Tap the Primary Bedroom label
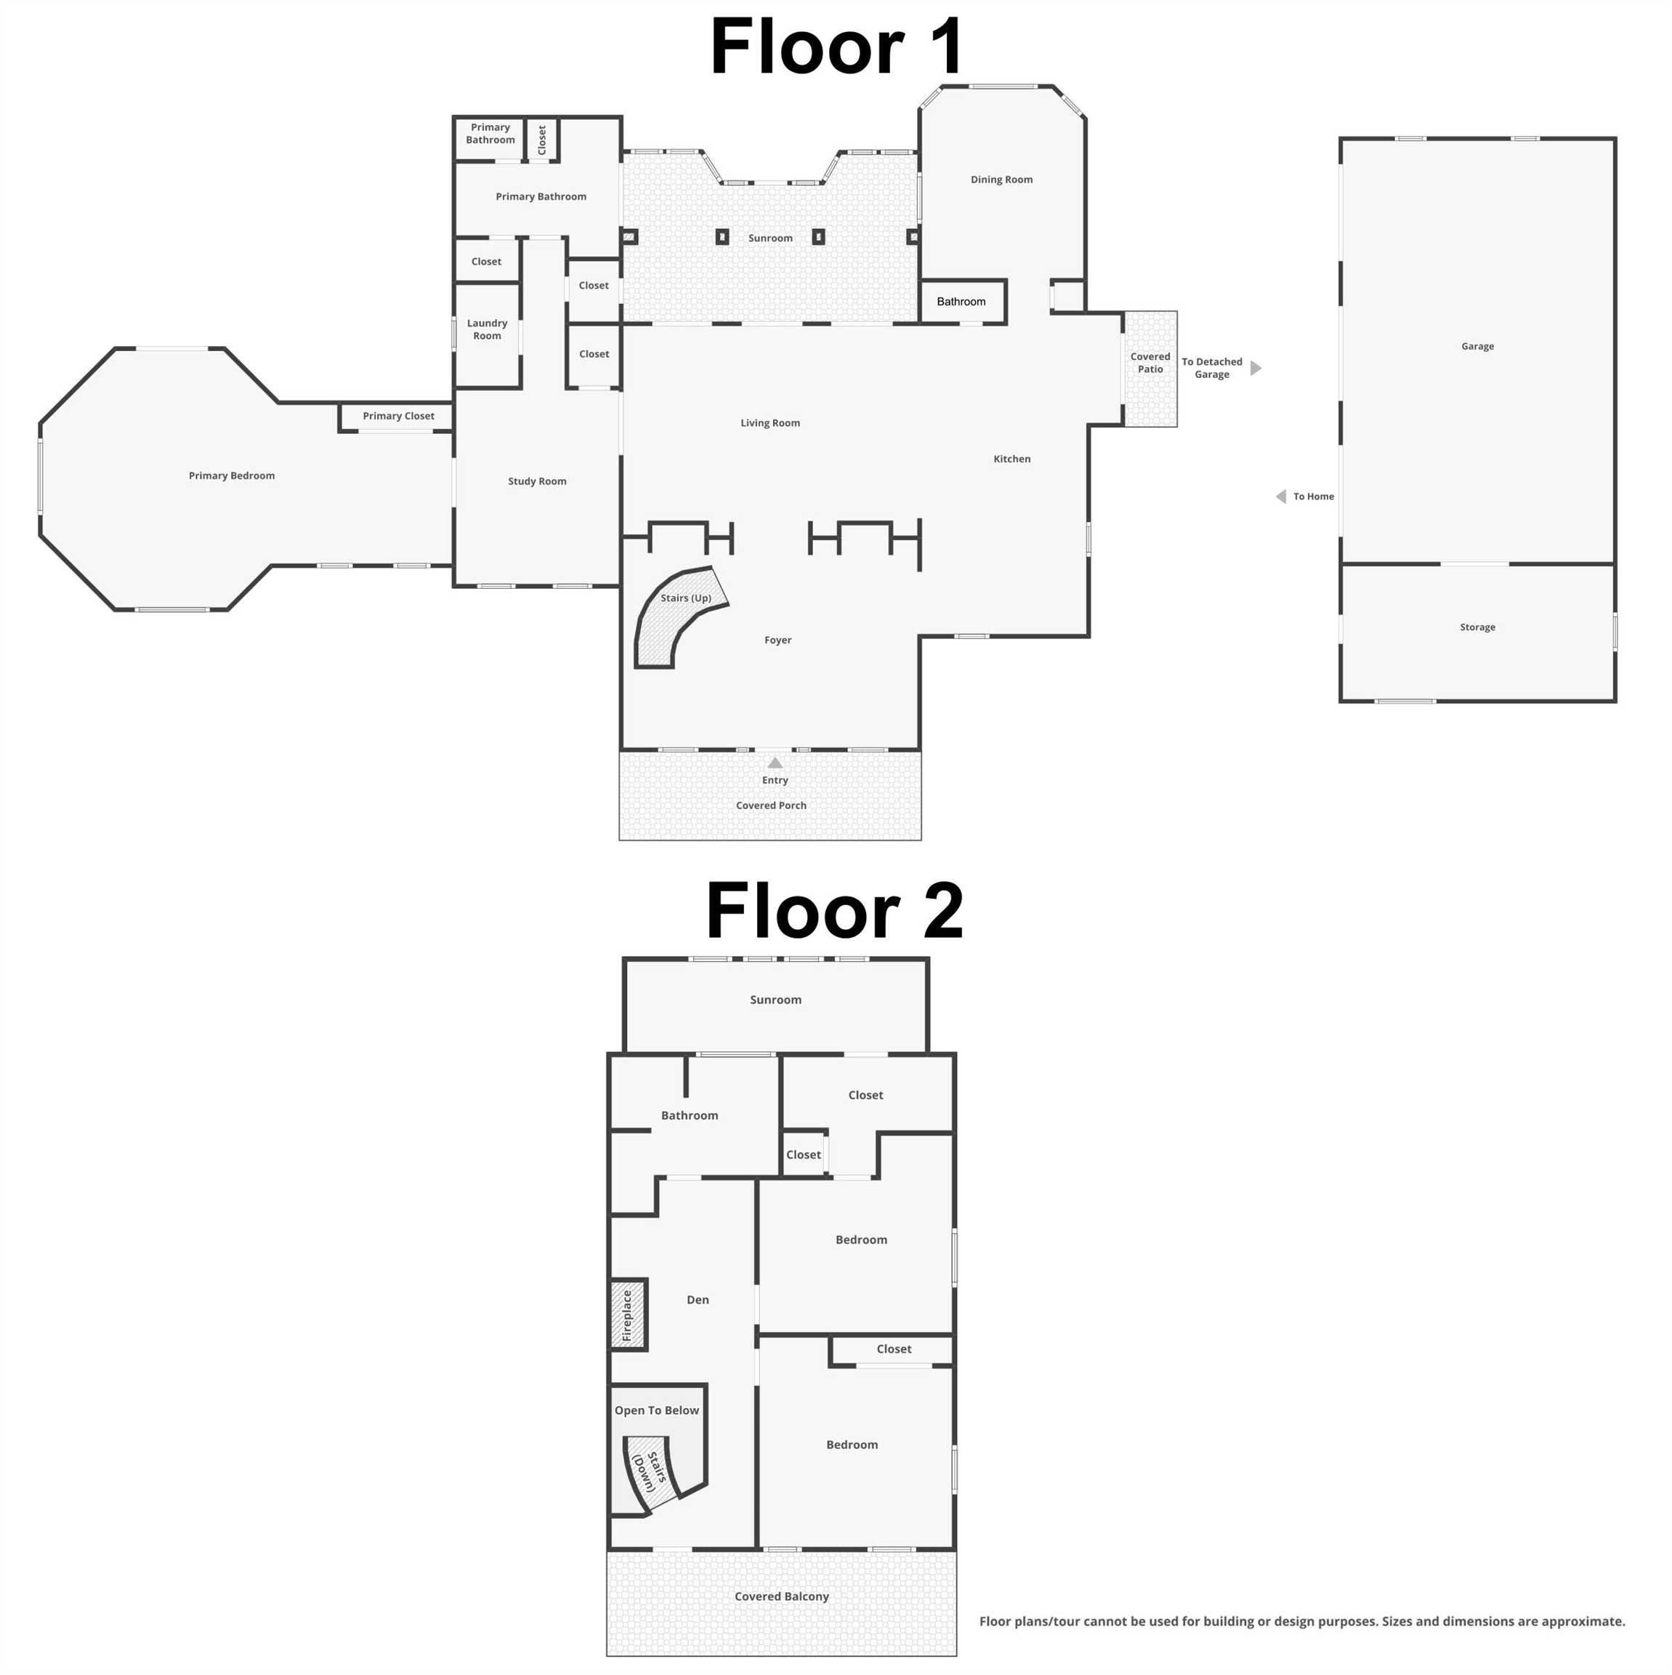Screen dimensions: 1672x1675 coord(231,476)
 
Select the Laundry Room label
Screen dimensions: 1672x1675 coord(487,329)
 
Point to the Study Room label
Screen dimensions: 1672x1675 coord(538,481)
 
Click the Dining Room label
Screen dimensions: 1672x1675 coord(1001,180)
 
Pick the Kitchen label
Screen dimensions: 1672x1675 coord(1011,459)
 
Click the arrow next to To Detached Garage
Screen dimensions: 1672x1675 coord(1255,369)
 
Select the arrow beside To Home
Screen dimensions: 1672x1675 coord(1281,497)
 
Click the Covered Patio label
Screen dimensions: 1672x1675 coord(1150,362)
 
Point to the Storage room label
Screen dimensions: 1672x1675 coord(1477,627)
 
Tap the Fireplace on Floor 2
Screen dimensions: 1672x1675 coord(629,1314)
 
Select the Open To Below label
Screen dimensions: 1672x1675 coord(656,1410)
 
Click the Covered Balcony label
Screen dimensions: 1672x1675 coord(781,1596)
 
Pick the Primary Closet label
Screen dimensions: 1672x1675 coord(399,416)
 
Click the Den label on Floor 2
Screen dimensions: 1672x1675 coord(698,1300)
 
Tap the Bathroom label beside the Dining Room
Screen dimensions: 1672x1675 coord(961,302)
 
